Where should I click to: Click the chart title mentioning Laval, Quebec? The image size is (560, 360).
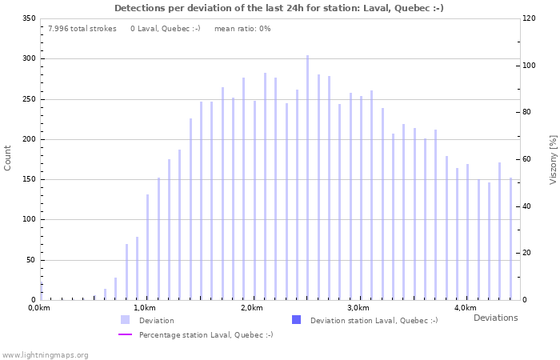click(279, 8)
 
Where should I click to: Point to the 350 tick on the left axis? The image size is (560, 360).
click(29, 18)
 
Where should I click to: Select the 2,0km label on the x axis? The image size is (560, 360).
click(251, 308)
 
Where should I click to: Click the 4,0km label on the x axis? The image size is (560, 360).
click(465, 308)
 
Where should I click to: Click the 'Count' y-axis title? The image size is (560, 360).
click(8, 158)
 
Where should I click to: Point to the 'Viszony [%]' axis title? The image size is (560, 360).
click(552, 159)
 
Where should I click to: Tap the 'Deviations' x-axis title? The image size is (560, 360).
click(495, 318)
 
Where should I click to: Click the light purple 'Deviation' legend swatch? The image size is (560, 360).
click(125, 320)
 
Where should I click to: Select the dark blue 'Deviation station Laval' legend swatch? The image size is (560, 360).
click(296, 320)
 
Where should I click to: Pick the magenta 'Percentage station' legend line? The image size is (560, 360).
click(125, 334)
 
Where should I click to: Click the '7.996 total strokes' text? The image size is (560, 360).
click(82, 29)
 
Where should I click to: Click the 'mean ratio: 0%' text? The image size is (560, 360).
click(242, 29)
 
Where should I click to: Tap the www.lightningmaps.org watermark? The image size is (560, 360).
click(46, 354)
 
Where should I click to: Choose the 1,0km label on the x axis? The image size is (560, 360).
click(145, 308)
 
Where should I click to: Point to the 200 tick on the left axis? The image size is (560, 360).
click(29, 139)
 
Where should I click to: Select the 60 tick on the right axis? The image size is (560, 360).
click(528, 159)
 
